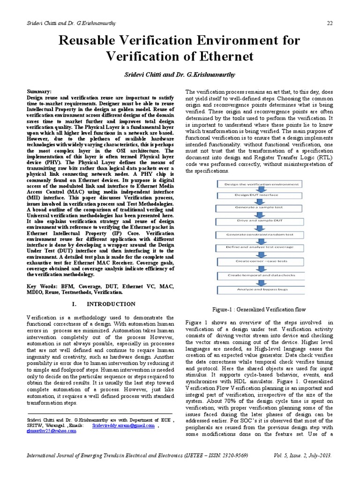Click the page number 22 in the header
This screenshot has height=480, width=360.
[x=330, y=24]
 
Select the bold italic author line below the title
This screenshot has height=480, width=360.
[x=180, y=75]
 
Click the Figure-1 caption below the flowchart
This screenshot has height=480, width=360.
[x=259, y=309]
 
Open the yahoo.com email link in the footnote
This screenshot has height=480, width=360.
[x=52, y=431]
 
